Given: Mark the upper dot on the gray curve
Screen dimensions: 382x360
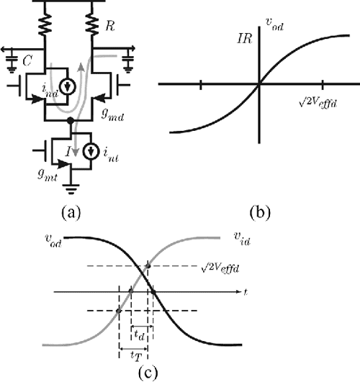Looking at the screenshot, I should (x=148, y=267).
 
